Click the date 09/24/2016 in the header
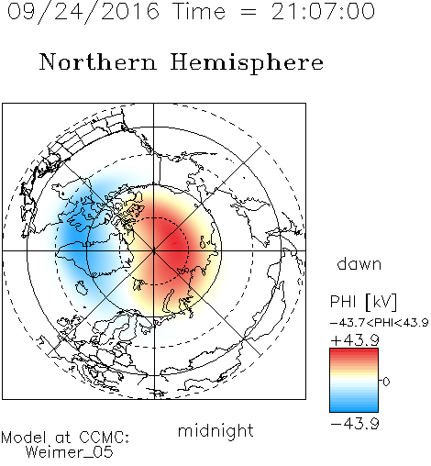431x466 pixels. pyautogui.click(x=83, y=12)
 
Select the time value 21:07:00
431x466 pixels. pyautogui.click(x=323, y=11)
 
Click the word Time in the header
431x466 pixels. pyautogui.click(x=199, y=11)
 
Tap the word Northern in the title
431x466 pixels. pyautogui.click(x=98, y=61)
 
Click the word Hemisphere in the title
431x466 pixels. pyautogui.click(x=247, y=63)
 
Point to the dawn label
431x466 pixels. pyautogui.click(x=359, y=263)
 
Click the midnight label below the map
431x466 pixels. pyautogui.click(x=215, y=430)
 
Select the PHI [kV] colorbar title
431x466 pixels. pyautogui.click(x=363, y=302)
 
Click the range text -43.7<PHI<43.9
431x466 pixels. pyautogui.click(x=379, y=323)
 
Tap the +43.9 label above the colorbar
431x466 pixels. pyautogui.click(x=355, y=340)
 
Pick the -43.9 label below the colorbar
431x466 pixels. pyautogui.click(x=355, y=424)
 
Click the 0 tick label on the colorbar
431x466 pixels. pyautogui.click(x=386, y=382)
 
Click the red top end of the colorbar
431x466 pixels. pyautogui.click(x=354, y=351)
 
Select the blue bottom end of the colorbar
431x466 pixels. pyautogui.click(x=354, y=409)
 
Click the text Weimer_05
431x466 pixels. pyautogui.click(x=70, y=452)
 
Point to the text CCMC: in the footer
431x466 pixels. pyautogui.click(x=105, y=438)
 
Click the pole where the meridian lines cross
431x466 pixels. pyautogui.click(x=154, y=250)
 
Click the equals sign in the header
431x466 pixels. pyautogui.click(x=249, y=12)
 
